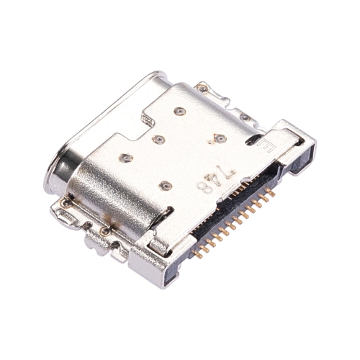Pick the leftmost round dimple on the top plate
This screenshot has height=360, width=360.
[126, 156]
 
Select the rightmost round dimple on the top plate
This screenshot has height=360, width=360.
[221, 138]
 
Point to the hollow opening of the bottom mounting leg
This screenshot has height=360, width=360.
[171, 266]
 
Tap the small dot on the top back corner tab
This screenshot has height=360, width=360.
[203, 89]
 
